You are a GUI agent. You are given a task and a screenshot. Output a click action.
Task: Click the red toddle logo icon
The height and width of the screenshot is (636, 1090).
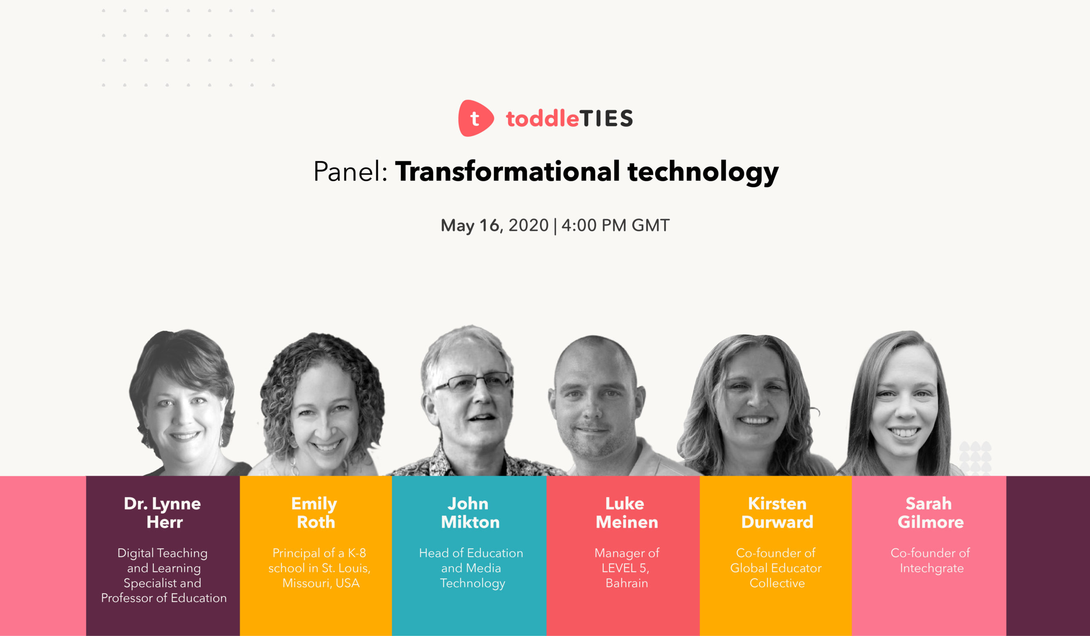pyautogui.click(x=476, y=118)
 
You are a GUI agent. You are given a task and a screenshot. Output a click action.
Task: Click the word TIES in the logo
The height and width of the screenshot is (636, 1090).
pyautogui.click(x=606, y=118)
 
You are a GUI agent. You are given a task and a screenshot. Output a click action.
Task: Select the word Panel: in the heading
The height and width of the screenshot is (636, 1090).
pyautogui.click(x=350, y=171)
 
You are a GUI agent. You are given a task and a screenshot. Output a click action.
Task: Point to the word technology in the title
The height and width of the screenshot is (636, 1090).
pyautogui.click(x=703, y=172)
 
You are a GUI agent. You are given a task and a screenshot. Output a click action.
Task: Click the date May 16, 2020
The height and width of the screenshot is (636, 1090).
pyautogui.click(x=494, y=225)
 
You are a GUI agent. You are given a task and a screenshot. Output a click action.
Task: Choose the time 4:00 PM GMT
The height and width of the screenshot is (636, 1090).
pyautogui.click(x=616, y=225)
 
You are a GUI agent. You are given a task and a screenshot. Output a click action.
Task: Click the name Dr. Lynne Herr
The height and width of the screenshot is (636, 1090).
pyautogui.click(x=163, y=513)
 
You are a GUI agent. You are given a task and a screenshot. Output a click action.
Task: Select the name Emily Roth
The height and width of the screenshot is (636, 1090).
pyautogui.click(x=315, y=513)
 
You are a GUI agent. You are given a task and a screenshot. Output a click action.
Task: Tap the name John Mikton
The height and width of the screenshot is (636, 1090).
pyautogui.click(x=470, y=513)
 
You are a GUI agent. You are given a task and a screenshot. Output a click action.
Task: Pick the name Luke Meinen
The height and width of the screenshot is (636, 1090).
pyautogui.click(x=626, y=513)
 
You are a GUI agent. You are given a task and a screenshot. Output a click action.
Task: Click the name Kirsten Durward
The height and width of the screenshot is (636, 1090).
pyautogui.click(x=777, y=513)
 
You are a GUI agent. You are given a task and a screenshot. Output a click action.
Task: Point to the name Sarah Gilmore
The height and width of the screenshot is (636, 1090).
pyautogui.click(x=930, y=513)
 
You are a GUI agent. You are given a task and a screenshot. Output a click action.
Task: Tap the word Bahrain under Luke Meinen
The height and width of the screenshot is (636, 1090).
pyautogui.click(x=627, y=583)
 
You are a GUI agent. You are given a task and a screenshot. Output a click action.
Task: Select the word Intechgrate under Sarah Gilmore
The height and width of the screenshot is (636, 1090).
pyautogui.click(x=932, y=568)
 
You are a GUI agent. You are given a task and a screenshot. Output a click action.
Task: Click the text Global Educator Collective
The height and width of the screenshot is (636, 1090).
pyautogui.click(x=776, y=576)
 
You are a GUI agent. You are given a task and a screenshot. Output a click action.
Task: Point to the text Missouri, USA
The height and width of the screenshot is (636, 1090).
pyautogui.click(x=321, y=583)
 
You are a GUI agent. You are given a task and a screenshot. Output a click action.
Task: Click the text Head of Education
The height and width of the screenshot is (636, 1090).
pyautogui.click(x=471, y=553)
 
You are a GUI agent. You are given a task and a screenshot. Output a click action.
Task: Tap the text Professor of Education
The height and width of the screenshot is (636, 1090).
pyautogui.click(x=164, y=598)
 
